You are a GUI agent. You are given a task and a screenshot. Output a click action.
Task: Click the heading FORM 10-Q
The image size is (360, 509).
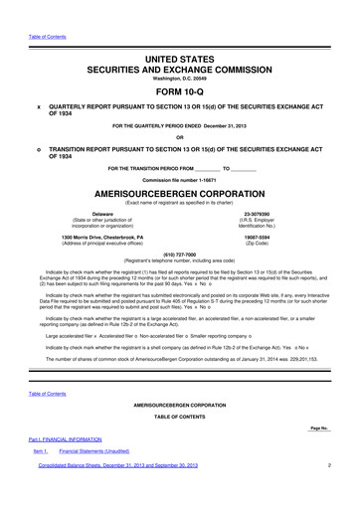point(180,88)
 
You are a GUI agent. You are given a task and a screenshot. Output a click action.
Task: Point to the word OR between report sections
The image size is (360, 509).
point(180,137)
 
